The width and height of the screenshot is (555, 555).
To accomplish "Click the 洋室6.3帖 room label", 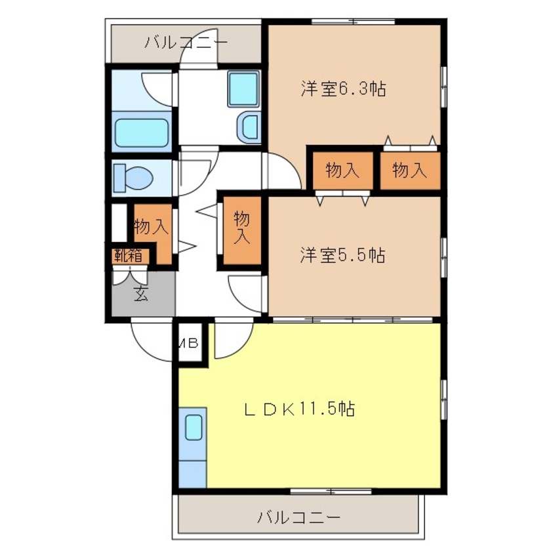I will [x=342, y=89].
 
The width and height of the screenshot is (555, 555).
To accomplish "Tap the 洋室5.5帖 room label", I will [x=342, y=255].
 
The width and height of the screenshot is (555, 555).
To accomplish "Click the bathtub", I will [x=142, y=131].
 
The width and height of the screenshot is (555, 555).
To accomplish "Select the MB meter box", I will [x=190, y=342].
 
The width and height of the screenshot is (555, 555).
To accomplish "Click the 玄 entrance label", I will [x=141, y=293].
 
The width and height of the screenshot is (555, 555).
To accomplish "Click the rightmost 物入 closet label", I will [x=409, y=171].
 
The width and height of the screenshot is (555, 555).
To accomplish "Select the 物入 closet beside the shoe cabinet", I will [x=152, y=227].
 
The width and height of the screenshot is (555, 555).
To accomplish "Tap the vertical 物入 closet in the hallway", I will [x=241, y=228].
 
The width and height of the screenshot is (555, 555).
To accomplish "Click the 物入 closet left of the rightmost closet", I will [x=342, y=171].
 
